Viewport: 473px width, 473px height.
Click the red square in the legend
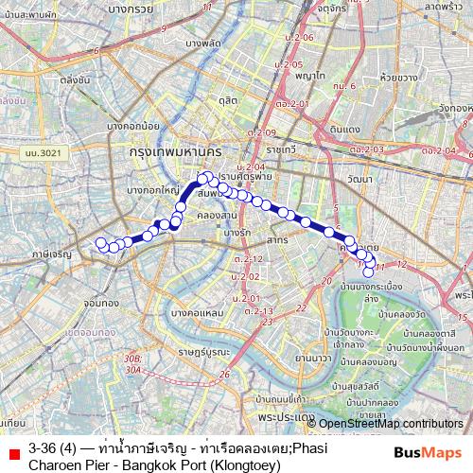click(x=14, y=456)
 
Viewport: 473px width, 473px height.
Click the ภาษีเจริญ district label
click(x=52, y=255)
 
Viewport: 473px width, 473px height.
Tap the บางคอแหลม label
click(x=198, y=311)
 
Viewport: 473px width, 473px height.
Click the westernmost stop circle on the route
click(x=101, y=243)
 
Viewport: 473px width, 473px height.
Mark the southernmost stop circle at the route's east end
click(x=369, y=272)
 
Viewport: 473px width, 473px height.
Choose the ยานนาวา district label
click(x=313, y=358)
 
